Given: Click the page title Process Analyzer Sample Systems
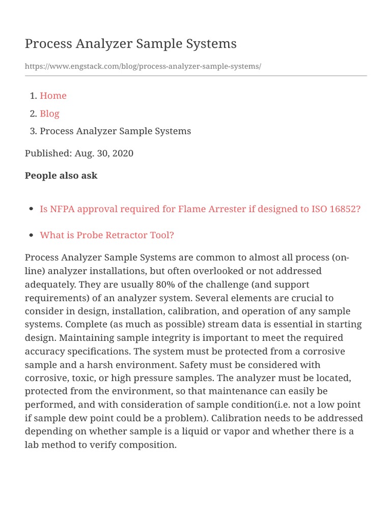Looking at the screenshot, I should pos(130,44).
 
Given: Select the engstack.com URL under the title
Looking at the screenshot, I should pos(143,67).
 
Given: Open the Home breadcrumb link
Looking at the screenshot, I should pos(53,96).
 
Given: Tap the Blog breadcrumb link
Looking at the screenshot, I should pos(49,113).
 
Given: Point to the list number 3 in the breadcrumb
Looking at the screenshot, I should pos(33,131).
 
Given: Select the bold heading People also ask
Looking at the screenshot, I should pos(61,176).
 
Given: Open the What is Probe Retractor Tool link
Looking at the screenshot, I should pos(107,235).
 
